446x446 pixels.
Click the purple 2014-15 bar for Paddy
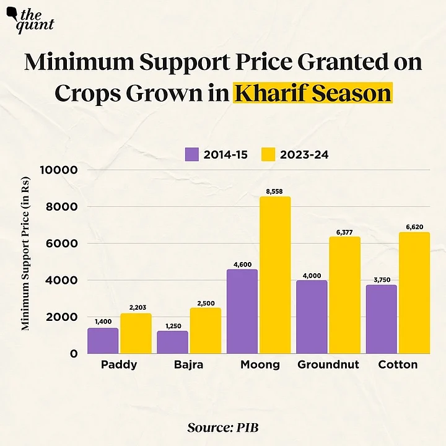[103, 341]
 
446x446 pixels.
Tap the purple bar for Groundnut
[312, 317]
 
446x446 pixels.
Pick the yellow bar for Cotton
[414, 292]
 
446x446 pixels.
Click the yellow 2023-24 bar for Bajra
[205, 331]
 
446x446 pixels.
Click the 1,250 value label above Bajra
[172, 325]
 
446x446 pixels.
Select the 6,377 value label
[344, 231]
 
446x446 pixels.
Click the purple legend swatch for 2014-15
[191, 154]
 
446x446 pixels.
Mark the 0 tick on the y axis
[72, 354]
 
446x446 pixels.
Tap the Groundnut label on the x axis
[328, 365]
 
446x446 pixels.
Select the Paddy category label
[119, 365]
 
